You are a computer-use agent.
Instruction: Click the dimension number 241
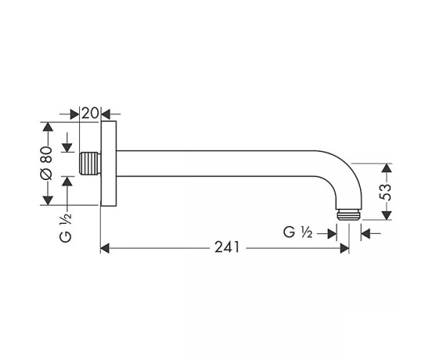(x=227, y=247)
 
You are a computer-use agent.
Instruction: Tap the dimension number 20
(x=90, y=113)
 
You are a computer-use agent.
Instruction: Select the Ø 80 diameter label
(x=46, y=163)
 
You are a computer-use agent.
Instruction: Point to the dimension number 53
(x=385, y=192)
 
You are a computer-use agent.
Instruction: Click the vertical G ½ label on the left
(x=66, y=228)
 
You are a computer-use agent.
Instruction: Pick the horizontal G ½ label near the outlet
(x=298, y=232)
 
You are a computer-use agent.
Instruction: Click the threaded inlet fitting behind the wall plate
(x=90, y=163)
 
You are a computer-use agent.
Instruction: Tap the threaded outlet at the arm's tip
(x=348, y=215)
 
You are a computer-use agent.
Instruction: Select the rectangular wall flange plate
(x=109, y=163)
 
